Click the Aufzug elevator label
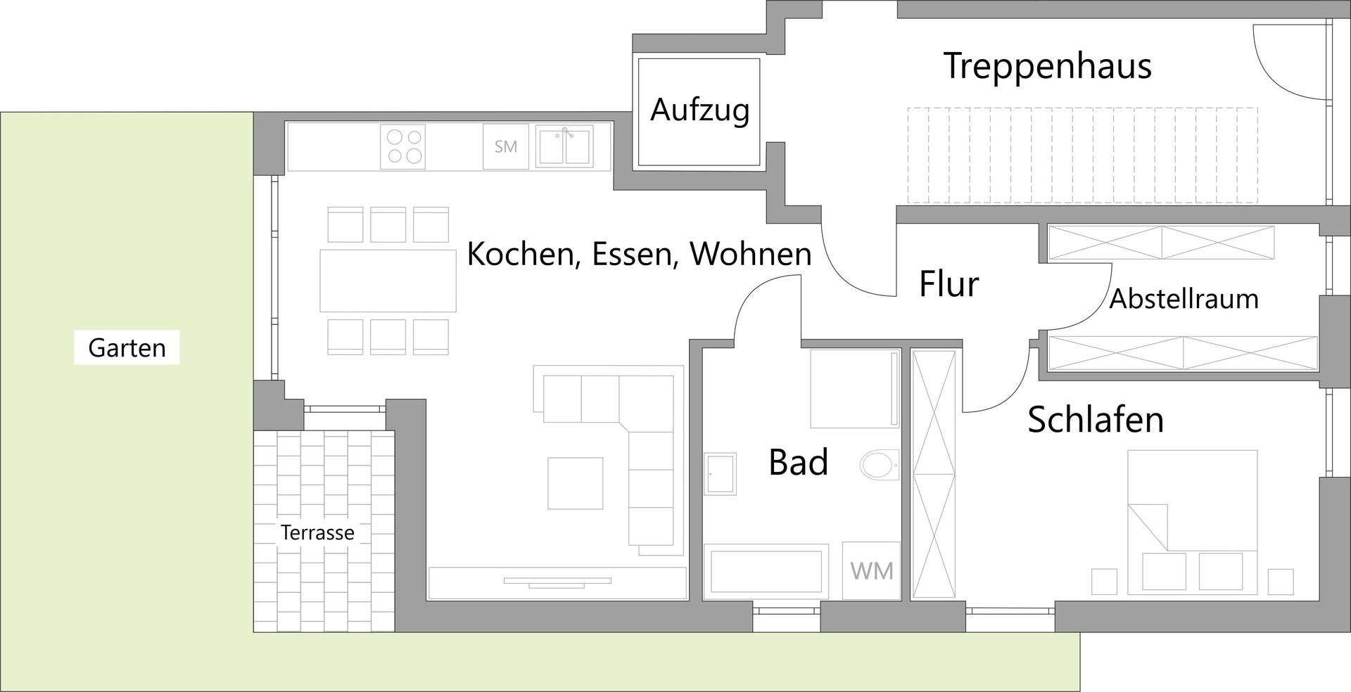pos(699,110)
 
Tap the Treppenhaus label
pos(1047,66)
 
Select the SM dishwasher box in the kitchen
pos(505,146)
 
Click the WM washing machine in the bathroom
pos(871,570)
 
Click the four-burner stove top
pos(403,146)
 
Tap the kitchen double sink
pos(564,146)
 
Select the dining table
pos(388,281)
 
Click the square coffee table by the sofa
pos(576,483)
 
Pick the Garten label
pos(127,347)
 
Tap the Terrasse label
pos(317,532)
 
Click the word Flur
pos(949,284)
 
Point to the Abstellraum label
pos(1184,299)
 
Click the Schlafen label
pos(1095,419)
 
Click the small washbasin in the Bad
pos(720,473)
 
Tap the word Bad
pos(798,462)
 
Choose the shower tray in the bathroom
pos(854,388)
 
